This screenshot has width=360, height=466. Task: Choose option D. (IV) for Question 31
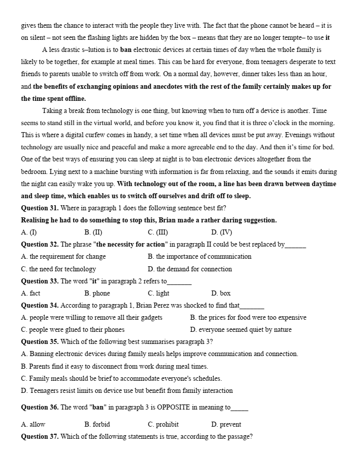pos(221,232)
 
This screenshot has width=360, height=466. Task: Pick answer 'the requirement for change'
pos(64,256)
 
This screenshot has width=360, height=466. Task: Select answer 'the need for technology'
pos(58,269)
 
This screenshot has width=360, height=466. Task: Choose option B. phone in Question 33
pos(97,293)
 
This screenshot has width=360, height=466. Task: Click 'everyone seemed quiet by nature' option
pos(241,330)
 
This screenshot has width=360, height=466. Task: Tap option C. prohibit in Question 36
pos(163,424)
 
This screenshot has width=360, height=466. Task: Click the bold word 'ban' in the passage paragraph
pos(126,50)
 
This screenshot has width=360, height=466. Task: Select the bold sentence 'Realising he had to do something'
pos(149,220)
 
